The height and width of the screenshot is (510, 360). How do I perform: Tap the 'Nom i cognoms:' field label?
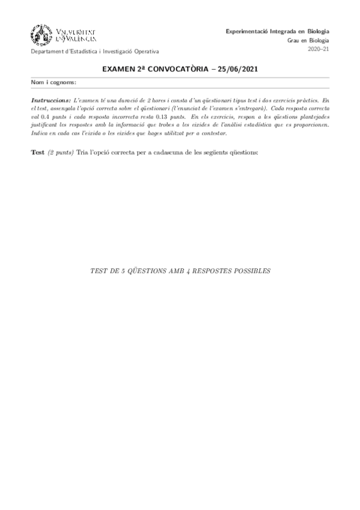click(53, 82)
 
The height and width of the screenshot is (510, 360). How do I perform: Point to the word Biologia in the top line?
click(317, 31)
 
